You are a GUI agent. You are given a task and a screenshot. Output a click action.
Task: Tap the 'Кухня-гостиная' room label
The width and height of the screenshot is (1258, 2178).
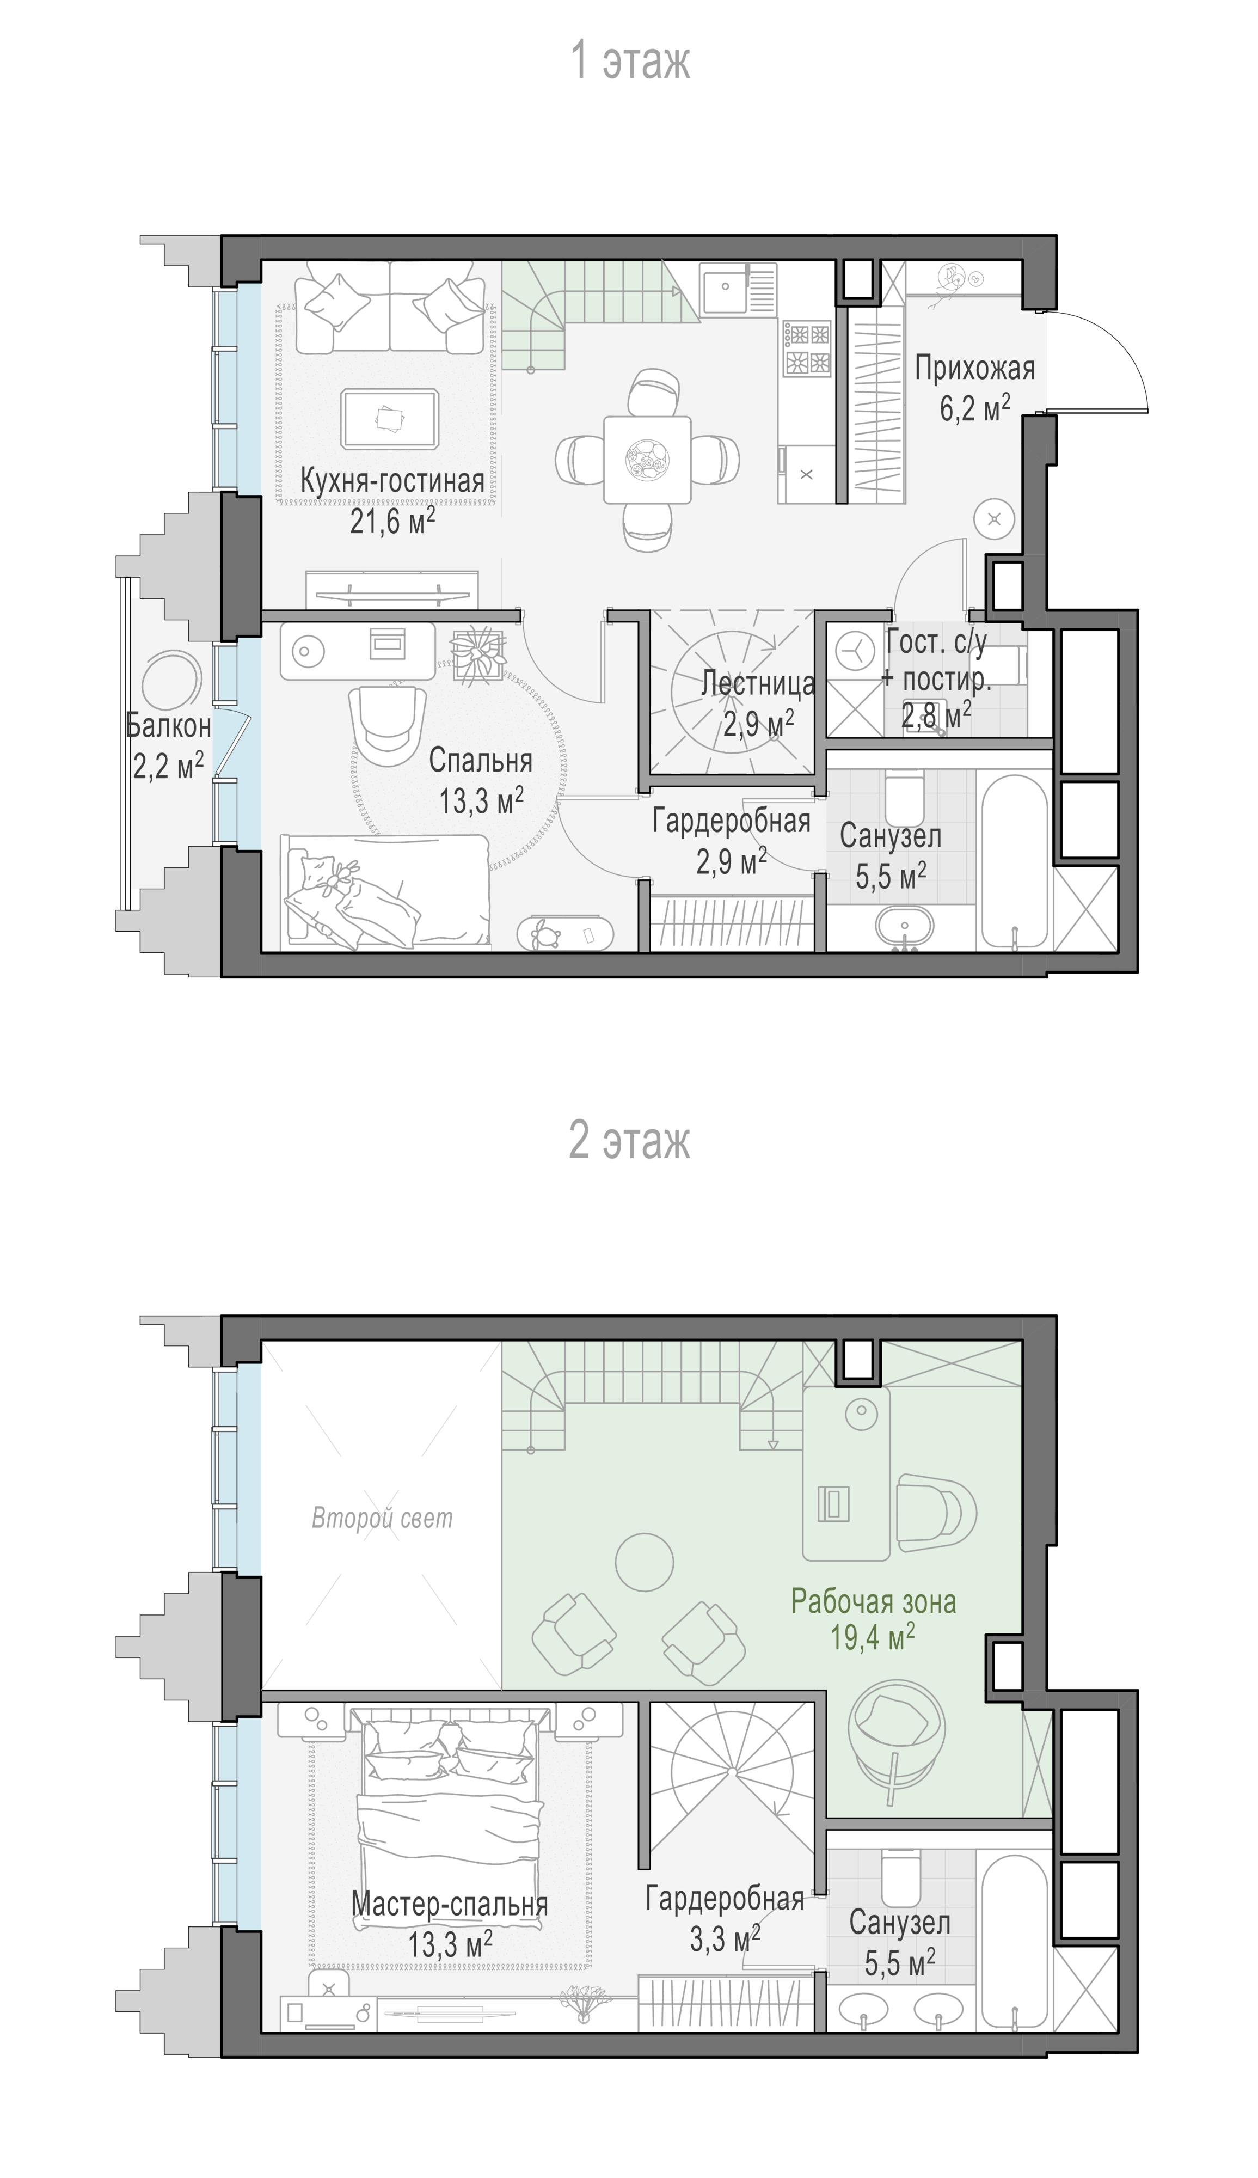pos(392,481)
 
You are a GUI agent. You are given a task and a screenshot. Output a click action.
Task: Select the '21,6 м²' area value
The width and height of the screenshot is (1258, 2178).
pos(392,521)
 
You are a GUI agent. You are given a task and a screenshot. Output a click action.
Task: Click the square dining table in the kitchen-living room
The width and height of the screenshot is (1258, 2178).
pos(647,459)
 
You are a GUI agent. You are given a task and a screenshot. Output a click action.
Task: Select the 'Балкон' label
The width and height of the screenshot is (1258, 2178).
pos(169,725)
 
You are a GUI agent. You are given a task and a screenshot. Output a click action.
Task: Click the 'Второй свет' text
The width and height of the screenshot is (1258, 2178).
pos(382,1517)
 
